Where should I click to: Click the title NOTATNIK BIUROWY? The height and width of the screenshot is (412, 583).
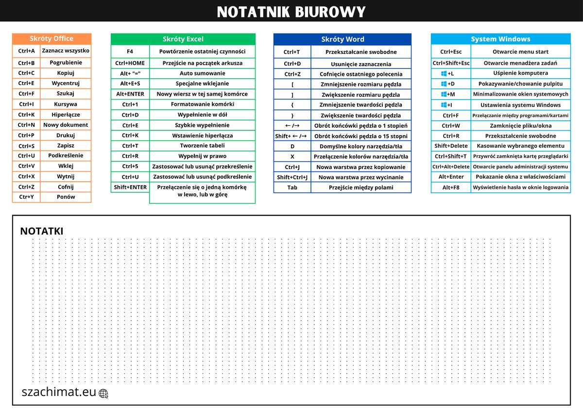coord(291,11)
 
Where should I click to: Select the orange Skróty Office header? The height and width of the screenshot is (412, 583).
coord(51,39)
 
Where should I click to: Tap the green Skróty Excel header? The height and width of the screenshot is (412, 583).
coord(183,39)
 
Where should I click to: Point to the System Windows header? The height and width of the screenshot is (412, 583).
coord(500,39)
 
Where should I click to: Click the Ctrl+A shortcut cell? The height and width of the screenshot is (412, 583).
coord(27,51)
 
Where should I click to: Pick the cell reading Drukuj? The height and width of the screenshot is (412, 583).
coord(66,135)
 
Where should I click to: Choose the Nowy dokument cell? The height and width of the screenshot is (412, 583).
coord(66,125)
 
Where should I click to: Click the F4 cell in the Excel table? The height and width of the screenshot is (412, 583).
coord(130,51)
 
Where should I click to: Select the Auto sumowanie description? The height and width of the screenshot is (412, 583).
coord(202,73)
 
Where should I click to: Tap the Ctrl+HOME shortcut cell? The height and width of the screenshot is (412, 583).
coord(130,63)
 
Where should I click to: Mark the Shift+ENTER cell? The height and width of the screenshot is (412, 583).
coord(130,188)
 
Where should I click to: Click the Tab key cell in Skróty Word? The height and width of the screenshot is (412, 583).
coord(292,188)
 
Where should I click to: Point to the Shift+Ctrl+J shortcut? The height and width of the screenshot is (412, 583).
coord(292,177)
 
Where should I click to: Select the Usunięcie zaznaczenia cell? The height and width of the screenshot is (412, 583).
coord(361,64)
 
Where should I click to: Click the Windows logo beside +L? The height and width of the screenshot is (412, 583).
coord(444,73)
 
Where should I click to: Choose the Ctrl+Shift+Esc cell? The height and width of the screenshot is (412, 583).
coord(451,63)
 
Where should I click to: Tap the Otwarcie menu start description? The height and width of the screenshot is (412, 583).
coord(520,51)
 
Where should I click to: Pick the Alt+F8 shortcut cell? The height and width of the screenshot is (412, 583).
coord(451,188)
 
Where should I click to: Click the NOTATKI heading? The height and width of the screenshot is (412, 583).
coord(41,232)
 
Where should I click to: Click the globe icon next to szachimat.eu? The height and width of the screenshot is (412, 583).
coord(103,394)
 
